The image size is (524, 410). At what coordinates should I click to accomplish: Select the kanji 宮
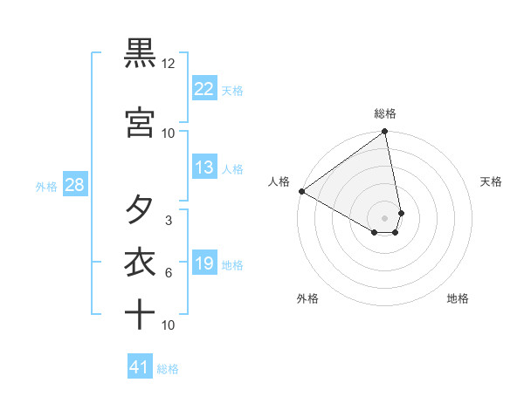tap(140, 122)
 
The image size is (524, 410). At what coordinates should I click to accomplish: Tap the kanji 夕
tap(140, 210)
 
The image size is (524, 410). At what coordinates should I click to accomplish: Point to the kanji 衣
tap(140, 262)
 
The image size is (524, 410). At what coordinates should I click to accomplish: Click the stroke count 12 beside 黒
tap(169, 64)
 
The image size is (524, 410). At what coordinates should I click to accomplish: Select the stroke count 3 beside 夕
tap(169, 221)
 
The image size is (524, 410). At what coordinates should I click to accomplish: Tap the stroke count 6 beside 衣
tap(169, 273)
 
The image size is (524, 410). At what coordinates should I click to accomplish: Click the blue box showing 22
tap(204, 89)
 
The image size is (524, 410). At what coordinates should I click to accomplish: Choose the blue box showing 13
tap(204, 167)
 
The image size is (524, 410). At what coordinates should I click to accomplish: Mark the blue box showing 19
tap(204, 263)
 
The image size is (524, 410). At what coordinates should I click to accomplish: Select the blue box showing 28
tap(74, 185)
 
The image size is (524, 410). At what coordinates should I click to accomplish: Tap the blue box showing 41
tap(140, 367)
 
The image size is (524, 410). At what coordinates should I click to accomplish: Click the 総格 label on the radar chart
tap(385, 113)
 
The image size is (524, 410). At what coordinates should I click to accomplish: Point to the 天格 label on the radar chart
tap(492, 181)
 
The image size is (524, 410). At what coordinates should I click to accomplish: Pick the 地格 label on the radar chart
tap(458, 298)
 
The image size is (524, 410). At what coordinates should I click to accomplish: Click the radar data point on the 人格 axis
tap(301, 191)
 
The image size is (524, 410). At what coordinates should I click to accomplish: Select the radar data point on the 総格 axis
tap(385, 132)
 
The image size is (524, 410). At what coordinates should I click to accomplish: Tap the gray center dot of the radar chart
tap(385, 217)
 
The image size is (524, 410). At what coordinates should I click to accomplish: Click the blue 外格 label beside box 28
tap(45, 186)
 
